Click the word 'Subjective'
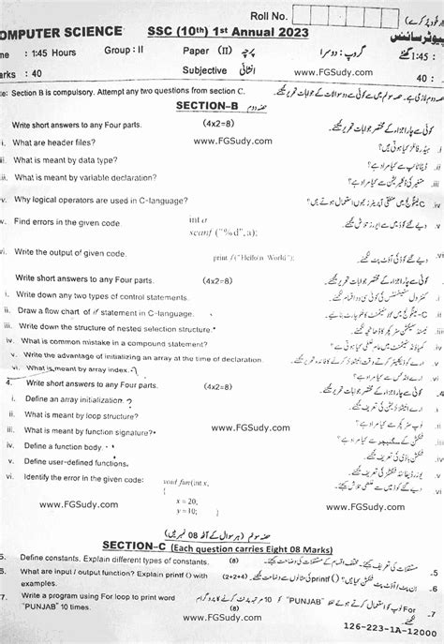(x=208, y=70)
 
